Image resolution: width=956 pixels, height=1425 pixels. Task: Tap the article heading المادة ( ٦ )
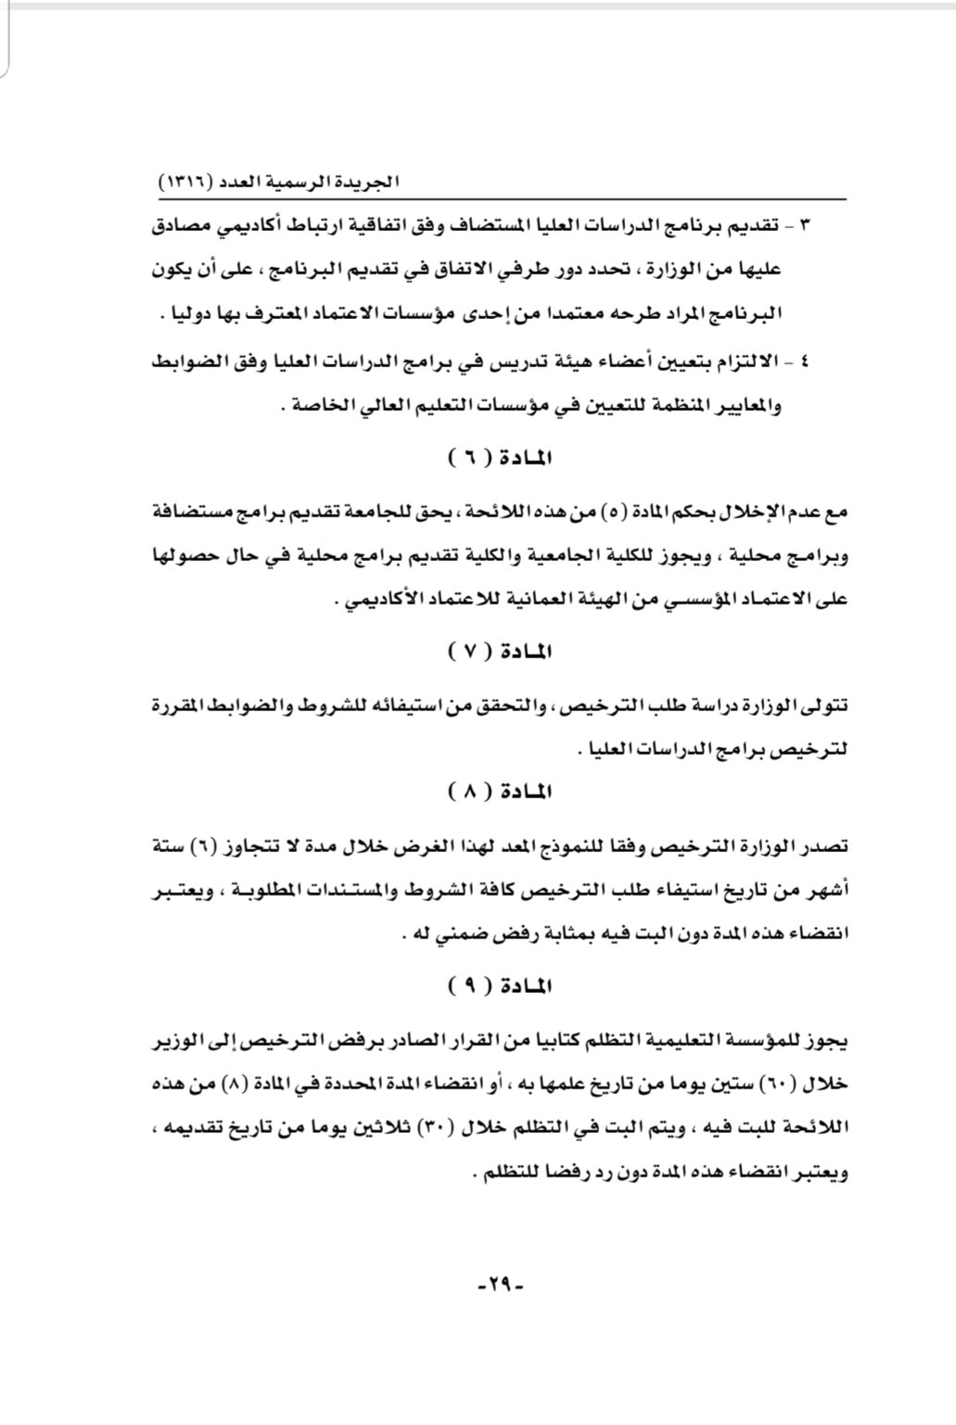point(500,457)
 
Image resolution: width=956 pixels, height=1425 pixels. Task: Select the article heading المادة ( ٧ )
point(500,652)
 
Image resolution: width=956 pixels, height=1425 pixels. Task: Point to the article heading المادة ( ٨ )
point(500,793)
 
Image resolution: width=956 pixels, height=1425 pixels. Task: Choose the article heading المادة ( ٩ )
point(500,986)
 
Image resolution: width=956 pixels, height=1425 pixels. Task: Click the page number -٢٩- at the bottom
point(500,1286)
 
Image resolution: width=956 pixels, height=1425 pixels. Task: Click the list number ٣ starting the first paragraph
point(804,226)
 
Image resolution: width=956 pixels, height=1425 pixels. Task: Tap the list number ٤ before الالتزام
point(804,361)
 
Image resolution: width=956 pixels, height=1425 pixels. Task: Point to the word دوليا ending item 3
point(198,314)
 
